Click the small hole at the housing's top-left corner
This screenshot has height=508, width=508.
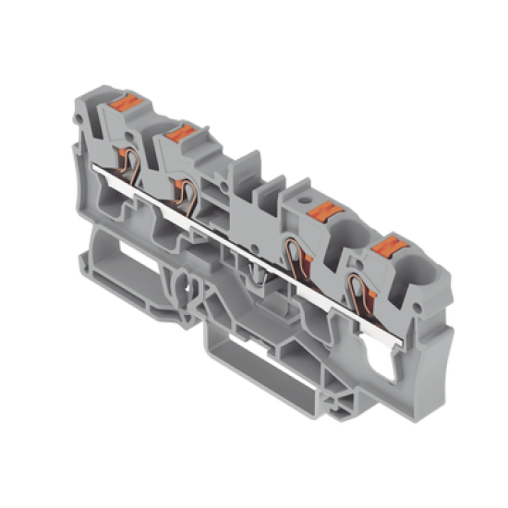coord(84,121)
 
